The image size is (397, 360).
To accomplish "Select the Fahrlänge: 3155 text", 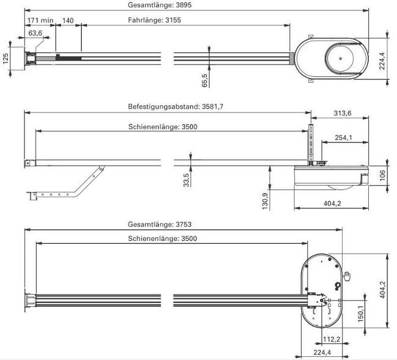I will (155, 20).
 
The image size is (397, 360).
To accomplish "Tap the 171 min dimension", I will (40, 20).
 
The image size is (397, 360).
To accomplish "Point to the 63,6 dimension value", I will (35, 32).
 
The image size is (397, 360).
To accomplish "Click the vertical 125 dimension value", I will (5, 58).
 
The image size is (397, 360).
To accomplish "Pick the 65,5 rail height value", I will (205, 80).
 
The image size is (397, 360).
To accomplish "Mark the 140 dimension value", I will (68, 20).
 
